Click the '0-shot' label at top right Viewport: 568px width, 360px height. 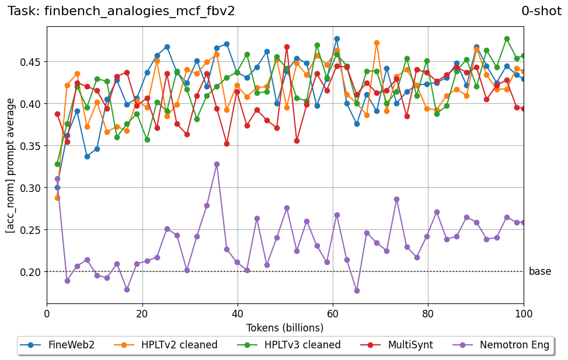tap(541, 11)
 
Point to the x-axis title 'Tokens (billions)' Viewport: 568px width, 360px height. tap(285, 327)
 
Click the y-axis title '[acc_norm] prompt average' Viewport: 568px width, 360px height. tap(11, 166)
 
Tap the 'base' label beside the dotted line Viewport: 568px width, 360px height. tap(539, 271)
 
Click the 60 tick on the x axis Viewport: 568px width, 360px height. tap(333, 313)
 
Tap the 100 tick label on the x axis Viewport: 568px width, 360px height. tap(524, 313)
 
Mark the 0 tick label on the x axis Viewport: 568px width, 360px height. tap(47, 313)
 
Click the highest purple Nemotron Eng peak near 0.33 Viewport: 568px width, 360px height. tap(217, 164)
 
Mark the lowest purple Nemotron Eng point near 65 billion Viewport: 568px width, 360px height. tap(357, 291)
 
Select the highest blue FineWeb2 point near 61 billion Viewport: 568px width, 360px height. tap(337, 39)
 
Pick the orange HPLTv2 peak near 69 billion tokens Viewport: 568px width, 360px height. tap(377, 43)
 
